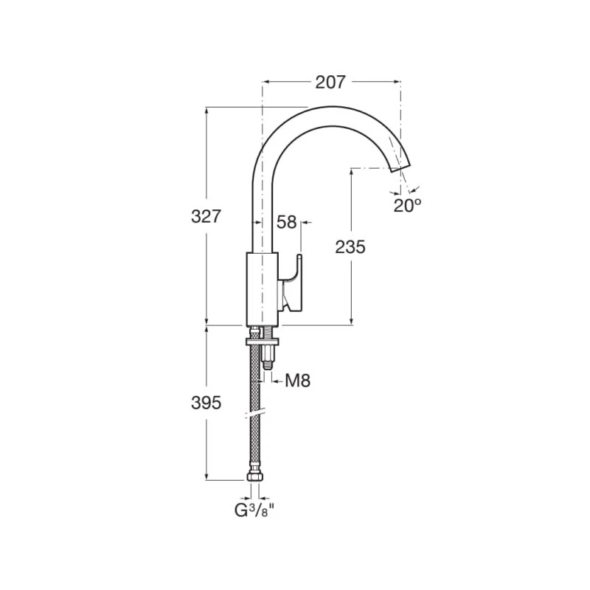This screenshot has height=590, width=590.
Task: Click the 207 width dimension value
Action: click(330, 83)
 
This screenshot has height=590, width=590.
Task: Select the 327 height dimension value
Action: click(206, 217)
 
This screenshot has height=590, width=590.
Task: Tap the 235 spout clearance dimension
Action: click(350, 247)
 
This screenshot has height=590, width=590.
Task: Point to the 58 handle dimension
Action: click(287, 221)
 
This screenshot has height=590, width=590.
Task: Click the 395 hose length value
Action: click(206, 403)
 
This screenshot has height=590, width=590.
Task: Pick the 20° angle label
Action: click(407, 206)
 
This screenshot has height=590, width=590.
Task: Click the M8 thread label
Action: click(297, 381)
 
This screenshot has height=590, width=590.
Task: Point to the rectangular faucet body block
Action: click(260, 288)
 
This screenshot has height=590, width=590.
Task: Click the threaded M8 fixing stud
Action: click(266, 358)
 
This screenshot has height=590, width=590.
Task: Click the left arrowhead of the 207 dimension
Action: click(265, 83)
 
